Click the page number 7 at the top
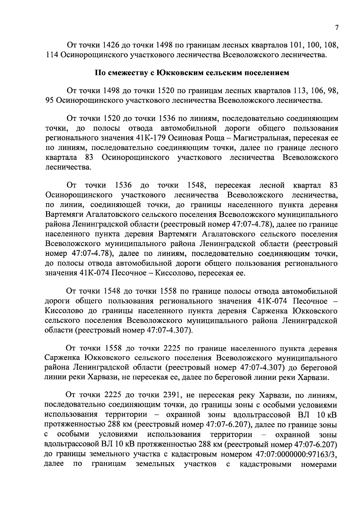tap(337, 28)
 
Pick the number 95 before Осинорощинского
tap(49, 100)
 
